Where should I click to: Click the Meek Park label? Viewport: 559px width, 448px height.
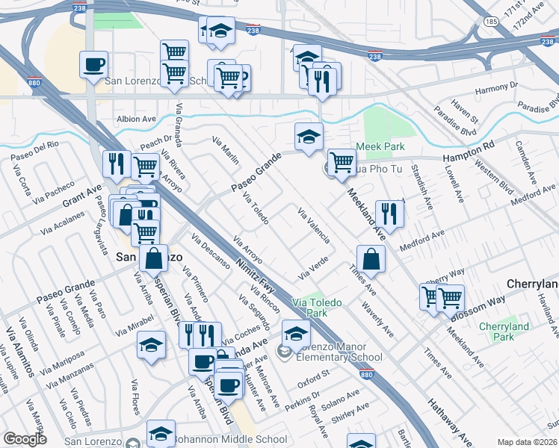[x=380, y=146]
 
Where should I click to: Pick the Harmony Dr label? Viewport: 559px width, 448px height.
[x=495, y=89]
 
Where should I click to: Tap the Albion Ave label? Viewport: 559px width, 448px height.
[x=135, y=119]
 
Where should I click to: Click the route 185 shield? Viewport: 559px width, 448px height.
[x=490, y=22]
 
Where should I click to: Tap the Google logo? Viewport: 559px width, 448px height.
[x=25, y=439]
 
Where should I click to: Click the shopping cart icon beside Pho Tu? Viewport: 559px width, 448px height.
[x=342, y=161]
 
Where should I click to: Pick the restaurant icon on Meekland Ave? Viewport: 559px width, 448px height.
[x=389, y=212]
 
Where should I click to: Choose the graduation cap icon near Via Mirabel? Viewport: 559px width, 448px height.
[x=152, y=345]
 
